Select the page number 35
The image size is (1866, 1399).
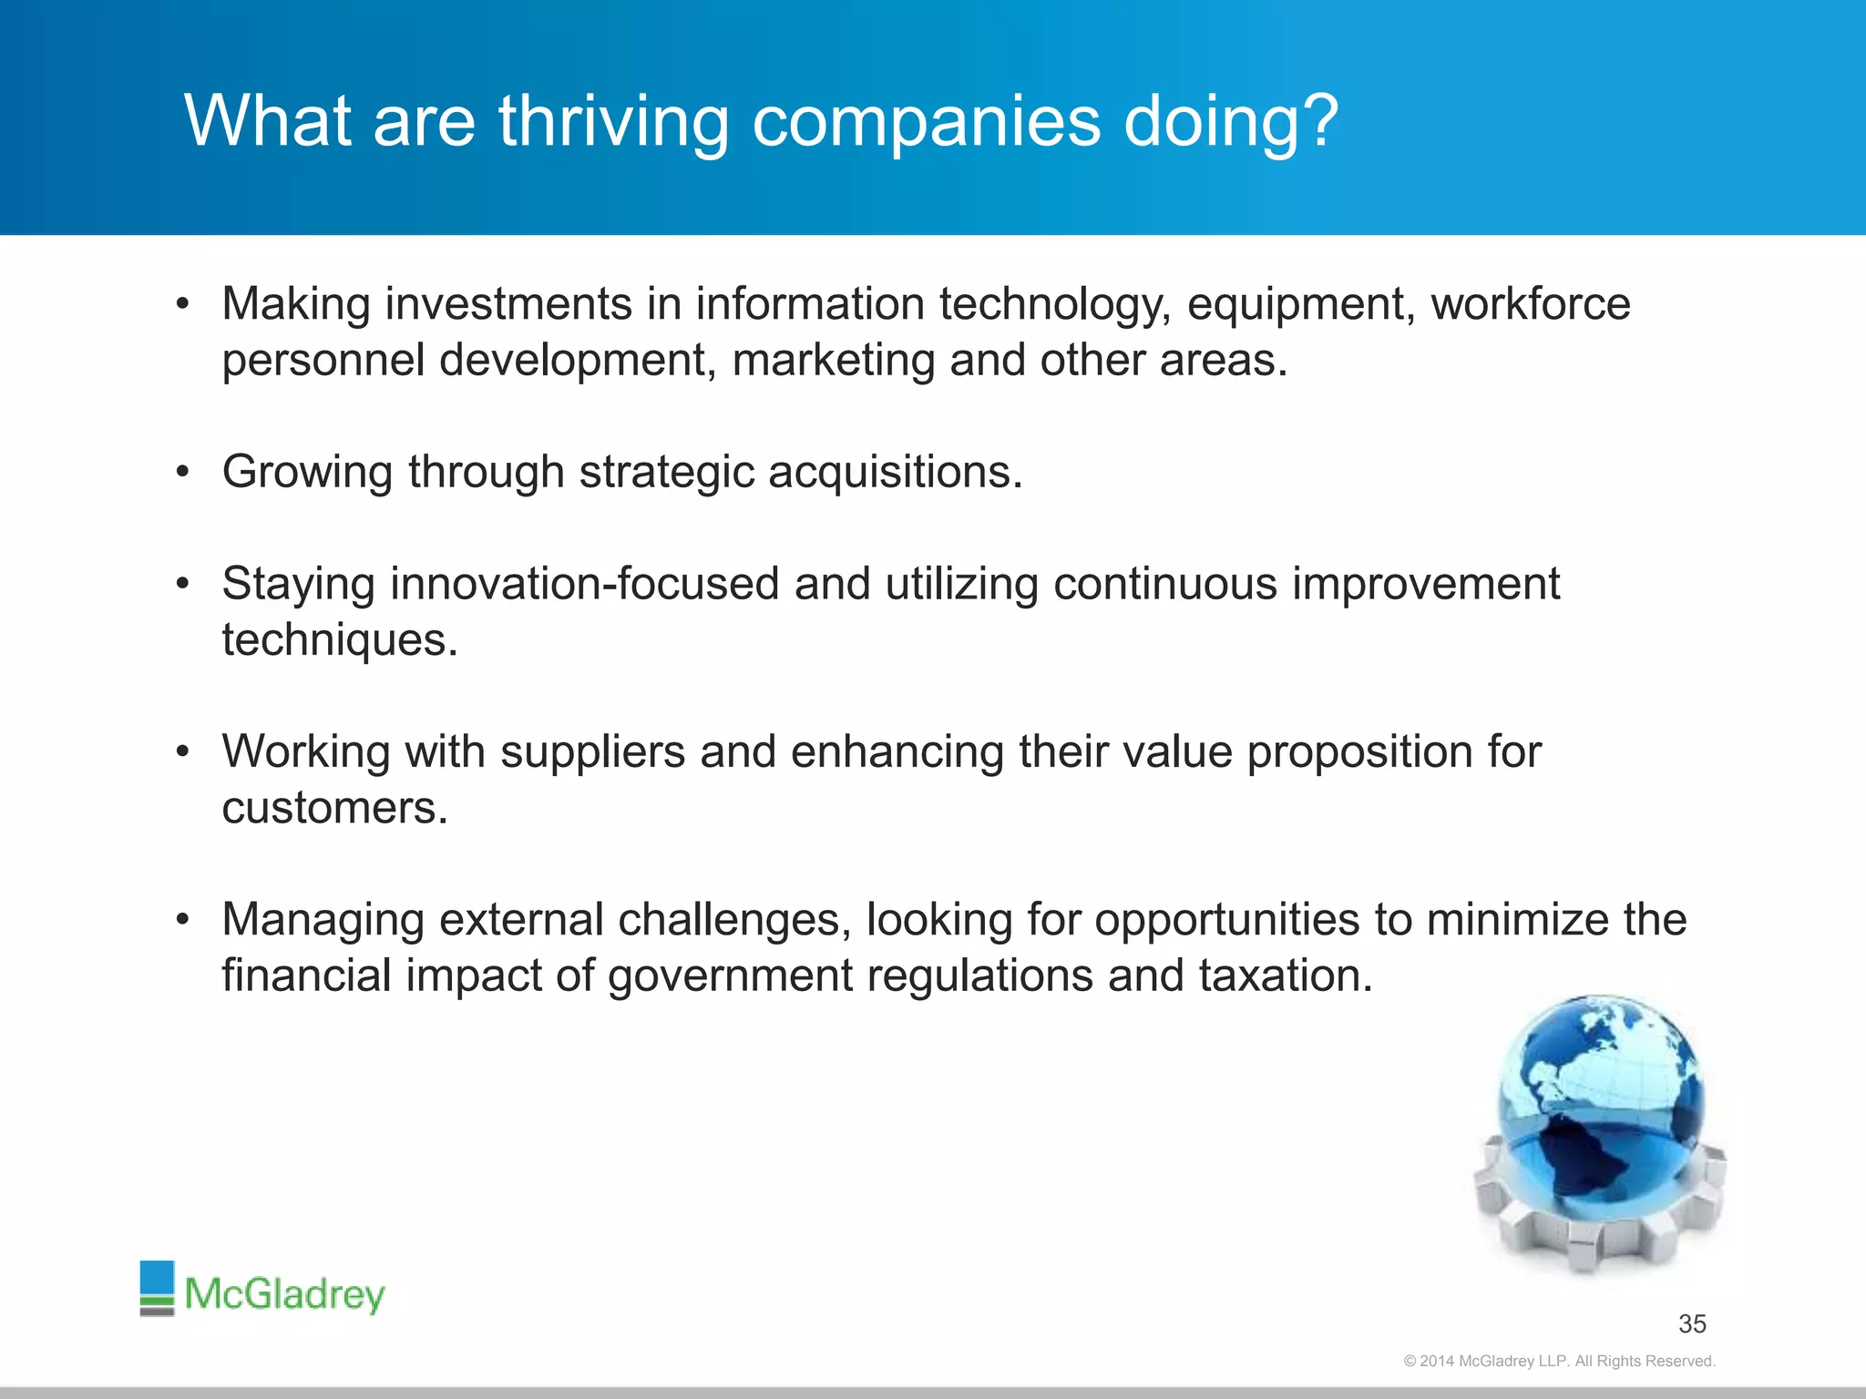pyautogui.click(x=1692, y=1323)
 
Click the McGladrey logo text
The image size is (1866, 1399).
pyautogui.click(x=284, y=1294)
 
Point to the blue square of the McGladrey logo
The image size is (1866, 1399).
pyautogui.click(x=157, y=1279)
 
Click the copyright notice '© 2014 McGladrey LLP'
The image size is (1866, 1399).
pyautogui.click(x=1559, y=1361)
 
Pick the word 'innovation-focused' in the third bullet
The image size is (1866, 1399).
pyautogui.click(x=584, y=584)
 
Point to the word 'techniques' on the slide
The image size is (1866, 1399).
pyautogui.click(x=339, y=640)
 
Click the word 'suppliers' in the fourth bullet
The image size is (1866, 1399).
pyautogui.click(x=592, y=752)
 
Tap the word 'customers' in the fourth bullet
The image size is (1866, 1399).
pyautogui.click(x=334, y=809)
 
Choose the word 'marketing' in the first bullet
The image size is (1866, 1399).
pyautogui.click(x=833, y=361)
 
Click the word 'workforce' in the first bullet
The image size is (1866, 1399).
pyautogui.click(x=1531, y=304)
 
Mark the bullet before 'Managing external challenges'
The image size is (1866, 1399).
pyautogui.click(x=182, y=920)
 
